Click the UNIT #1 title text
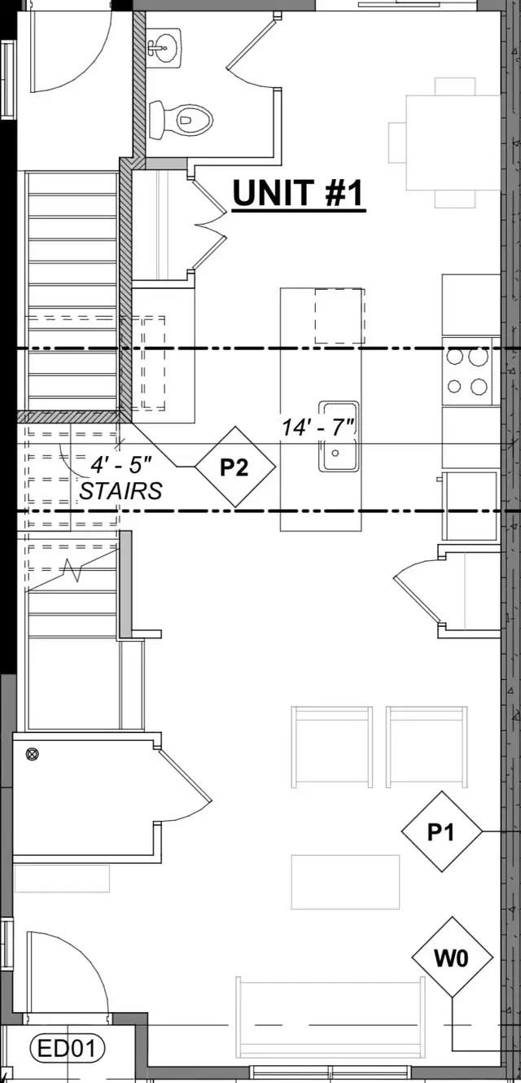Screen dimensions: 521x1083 click(x=298, y=193)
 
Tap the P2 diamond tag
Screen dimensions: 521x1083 click(x=235, y=467)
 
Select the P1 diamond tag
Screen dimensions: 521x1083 click(x=442, y=831)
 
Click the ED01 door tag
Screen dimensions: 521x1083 click(x=68, y=1049)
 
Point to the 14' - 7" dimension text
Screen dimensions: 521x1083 click(x=318, y=427)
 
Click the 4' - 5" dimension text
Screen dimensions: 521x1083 click(x=121, y=465)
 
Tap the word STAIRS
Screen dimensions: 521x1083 click(x=120, y=491)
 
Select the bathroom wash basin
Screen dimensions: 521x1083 click(x=164, y=47)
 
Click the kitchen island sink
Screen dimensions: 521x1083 click(x=339, y=436)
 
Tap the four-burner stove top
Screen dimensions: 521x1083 click(x=468, y=371)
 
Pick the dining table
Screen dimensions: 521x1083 click(x=453, y=142)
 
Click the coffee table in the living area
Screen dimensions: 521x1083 click(x=345, y=882)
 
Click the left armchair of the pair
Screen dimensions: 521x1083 click(x=331, y=747)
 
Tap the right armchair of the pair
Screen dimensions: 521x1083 click(x=427, y=747)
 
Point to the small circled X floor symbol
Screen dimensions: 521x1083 click(x=33, y=754)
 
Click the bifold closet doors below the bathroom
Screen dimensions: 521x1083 click(x=208, y=225)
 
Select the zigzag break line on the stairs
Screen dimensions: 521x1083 click(x=72, y=571)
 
